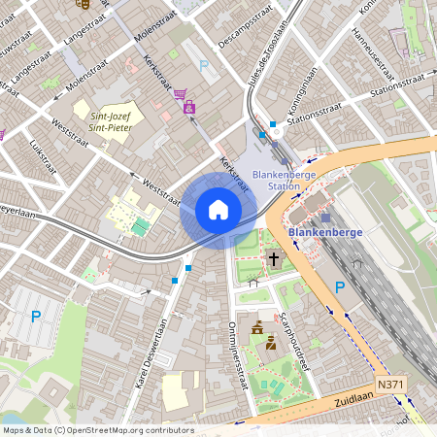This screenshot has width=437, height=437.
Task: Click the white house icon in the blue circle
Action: [218, 210]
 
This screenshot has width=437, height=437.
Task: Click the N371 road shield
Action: [390, 386]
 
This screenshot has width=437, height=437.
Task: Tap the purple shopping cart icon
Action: [180, 94]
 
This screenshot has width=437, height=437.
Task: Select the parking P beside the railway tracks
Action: [340, 286]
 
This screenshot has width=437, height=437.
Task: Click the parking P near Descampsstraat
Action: [204, 65]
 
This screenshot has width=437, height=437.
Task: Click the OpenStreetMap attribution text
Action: [98, 429]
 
